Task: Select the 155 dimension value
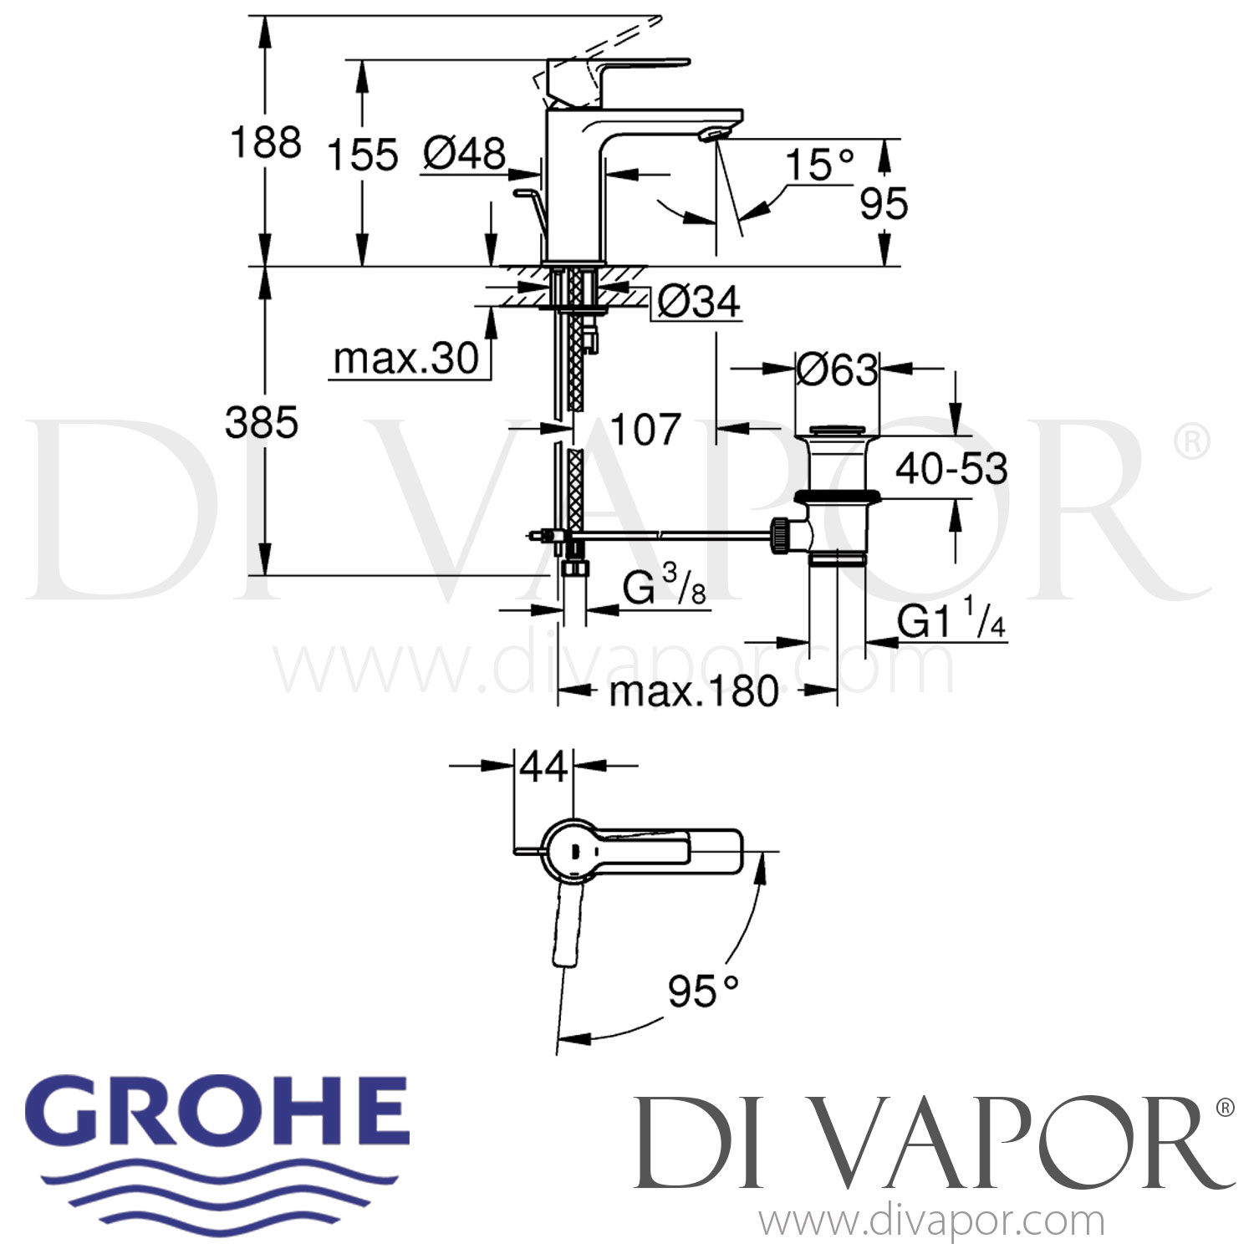[362, 155]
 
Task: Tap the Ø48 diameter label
[465, 154]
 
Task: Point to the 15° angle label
[819, 164]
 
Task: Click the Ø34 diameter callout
[699, 302]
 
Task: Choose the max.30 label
[405, 359]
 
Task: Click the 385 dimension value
[262, 423]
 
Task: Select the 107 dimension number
[645, 430]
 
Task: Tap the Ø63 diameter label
[837, 370]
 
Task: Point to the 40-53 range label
[951, 469]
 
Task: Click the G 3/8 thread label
[665, 589]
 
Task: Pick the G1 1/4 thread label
[951, 622]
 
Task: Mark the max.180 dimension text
[694, 691]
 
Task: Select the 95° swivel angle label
[703, 992]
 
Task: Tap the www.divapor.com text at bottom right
[931, 1222]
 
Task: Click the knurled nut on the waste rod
[780, 535]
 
